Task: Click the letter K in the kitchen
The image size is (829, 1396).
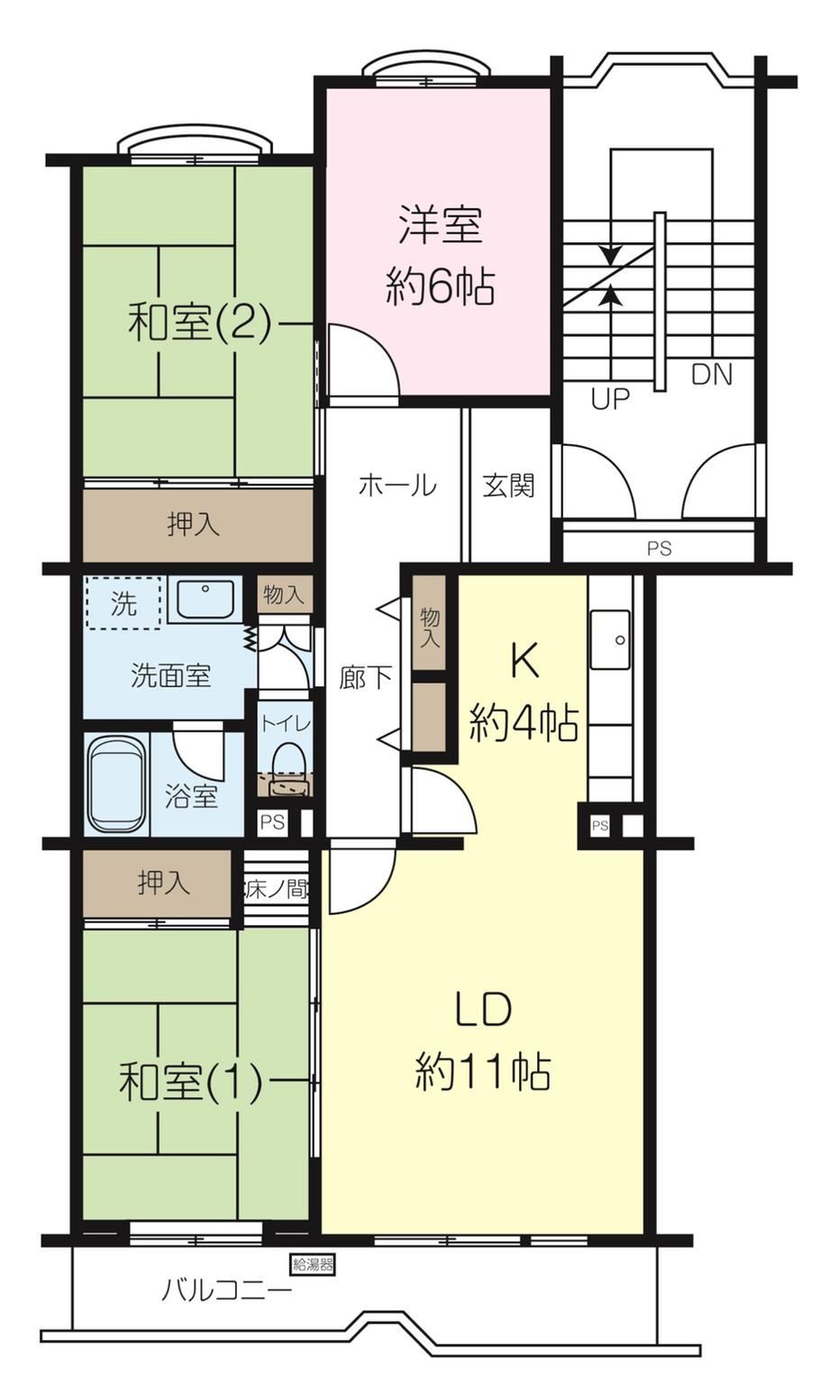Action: pyautogui.click(x=524, y=663)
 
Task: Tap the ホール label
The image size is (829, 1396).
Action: pyautogui.click(x=397, y=485)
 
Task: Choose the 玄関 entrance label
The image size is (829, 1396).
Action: pyautogui.click(x=508, y=485)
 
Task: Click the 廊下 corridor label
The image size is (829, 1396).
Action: pyautogui.click(x=366, y=678)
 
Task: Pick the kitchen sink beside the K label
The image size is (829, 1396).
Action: pyautogui.click(x=610, y=640)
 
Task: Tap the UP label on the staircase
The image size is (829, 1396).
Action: pyautogui.click(x=610, y=399)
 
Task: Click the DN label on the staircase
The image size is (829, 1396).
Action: pyautogui.click(x=711, y=375)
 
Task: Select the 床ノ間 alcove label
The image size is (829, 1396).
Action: pyautogui.click(x=276, y=889)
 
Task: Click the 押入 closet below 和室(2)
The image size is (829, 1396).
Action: pyautogui.click(x=198, y=525)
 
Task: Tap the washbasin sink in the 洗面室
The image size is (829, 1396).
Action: pyautogui.click(x=205, y=599)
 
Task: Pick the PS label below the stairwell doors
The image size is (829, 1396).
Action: pyautogui.click(x=659, y=548)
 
